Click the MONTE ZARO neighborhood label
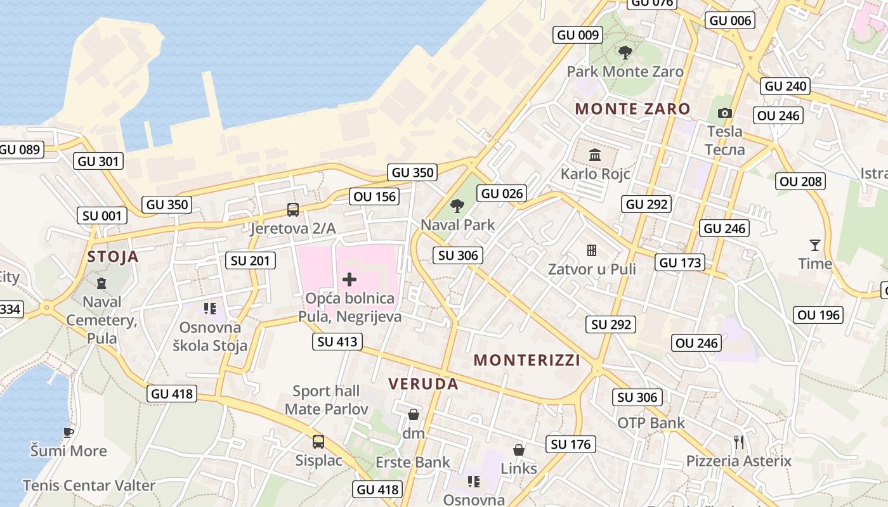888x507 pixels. coord(632,108)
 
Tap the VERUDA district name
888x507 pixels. coord(423,383)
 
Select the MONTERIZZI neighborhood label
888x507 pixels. coord(527,360)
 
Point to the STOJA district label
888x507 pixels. coord(113,257)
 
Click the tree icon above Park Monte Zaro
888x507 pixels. coord(625,53)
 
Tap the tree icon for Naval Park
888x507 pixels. coord(457,206)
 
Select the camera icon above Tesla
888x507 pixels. coord(724,113)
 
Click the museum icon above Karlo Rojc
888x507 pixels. coord(595,155)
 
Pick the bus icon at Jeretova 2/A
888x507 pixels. coord(292,209)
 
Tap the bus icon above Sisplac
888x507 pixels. coord(318,441)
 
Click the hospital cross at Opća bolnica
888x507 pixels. coord(349,279)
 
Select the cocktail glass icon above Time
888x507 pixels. coord(814,245)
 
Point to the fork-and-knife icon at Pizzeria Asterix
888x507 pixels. coord(738,442)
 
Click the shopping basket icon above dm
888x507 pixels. coord(414,414)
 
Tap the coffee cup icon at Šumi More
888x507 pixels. coord(69,432)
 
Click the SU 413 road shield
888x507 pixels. coord(337,342)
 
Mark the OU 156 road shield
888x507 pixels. coord(374,196)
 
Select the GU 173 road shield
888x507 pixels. coord(680,262)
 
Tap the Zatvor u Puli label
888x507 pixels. coord(592,269)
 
